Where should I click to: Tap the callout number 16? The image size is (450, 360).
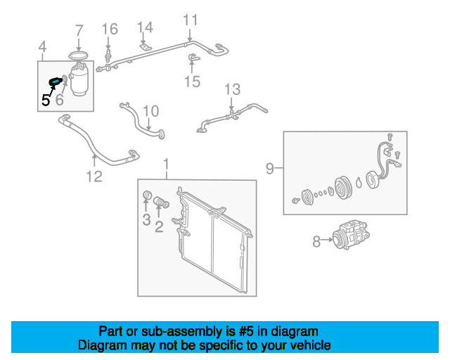pyautogui.click(x=110, y=29)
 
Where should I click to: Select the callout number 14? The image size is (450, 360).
pyautogui.click(x=144, y=27)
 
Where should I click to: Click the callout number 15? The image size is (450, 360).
pyautogui.click(x=192, y=82)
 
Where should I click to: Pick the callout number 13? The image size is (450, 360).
pyautogui.click(x=232, y=89)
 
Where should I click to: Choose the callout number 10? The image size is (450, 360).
pyautogui.click(x=151, y=111)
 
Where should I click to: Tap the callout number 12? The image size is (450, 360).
pyautogui.click(x=94, y=176)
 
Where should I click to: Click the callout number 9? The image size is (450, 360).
pyautogui.click(x=270, y=168)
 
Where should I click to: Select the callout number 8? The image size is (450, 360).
pyautogui.click(x=316, y=242)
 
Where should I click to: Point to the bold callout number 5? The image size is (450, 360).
pyautogui.click(x=46, y=100)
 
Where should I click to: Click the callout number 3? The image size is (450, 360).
pyautogui.click(x=146, y=220)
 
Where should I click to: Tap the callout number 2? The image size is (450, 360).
pyautogui.click(x=159, y=225)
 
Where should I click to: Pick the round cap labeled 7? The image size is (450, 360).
pyautogui.click(x=79, y=55)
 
